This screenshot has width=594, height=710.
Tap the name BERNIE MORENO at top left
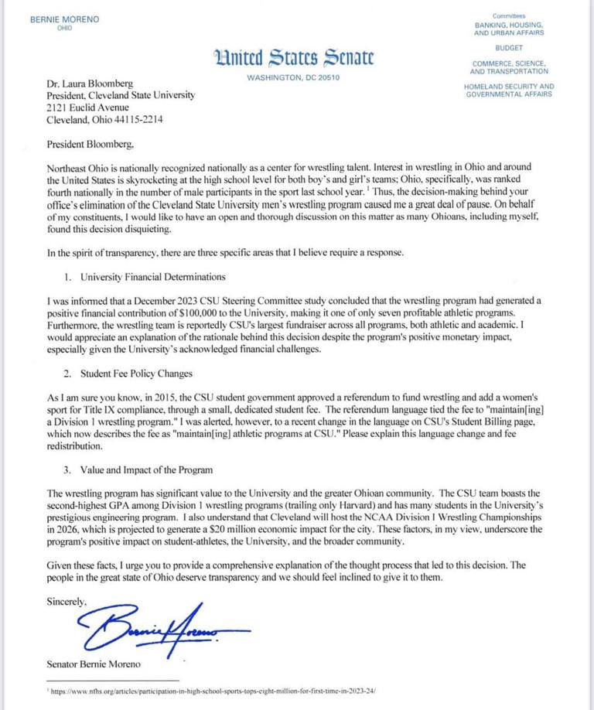point(64,19)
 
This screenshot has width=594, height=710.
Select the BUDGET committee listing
point(509,48)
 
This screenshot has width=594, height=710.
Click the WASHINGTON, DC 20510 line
point(294,77)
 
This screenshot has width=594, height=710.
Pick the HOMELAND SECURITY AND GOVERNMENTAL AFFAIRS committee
point(509,90)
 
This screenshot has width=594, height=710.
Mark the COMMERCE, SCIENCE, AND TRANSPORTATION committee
point(509,67)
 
